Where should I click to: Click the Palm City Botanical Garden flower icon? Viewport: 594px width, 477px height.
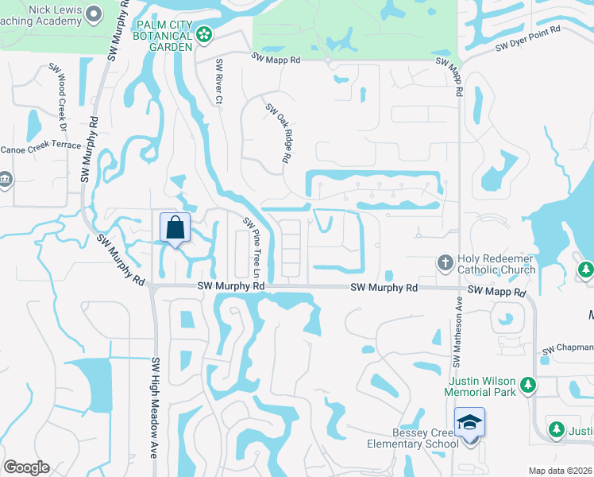pos(205,34)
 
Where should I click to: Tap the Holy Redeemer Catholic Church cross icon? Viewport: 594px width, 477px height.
pos(445,262)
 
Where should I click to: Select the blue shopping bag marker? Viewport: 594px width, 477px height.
pos(174,228)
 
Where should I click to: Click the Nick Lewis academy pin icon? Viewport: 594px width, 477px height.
pos(94,14)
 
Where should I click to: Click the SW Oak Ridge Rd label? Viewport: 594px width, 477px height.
pos(276,134)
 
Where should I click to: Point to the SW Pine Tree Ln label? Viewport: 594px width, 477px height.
pos(253,244)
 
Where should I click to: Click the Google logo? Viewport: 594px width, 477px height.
pos(26,467)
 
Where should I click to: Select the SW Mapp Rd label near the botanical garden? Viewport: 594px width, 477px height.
pos(276,59)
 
